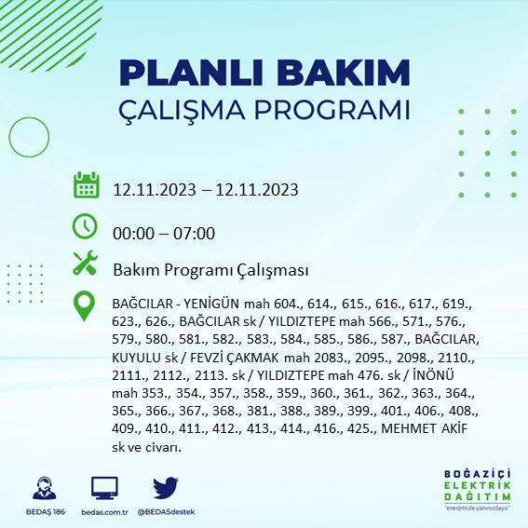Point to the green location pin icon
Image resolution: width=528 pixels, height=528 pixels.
pos(86,305)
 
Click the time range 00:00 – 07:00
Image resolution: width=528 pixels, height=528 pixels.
pos(164,233)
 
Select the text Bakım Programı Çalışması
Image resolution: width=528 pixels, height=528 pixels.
pos(210,270)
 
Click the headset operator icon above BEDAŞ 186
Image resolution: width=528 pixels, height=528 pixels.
pos(42,489)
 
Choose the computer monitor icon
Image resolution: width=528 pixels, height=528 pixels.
pos(104,488)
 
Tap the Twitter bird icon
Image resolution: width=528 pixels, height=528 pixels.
pos(165,488)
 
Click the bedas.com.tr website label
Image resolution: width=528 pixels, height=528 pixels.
pos(105,512)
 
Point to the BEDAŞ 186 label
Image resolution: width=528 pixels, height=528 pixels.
pos(42,512)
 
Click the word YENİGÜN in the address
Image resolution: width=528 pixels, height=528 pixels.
pos(217,304)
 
